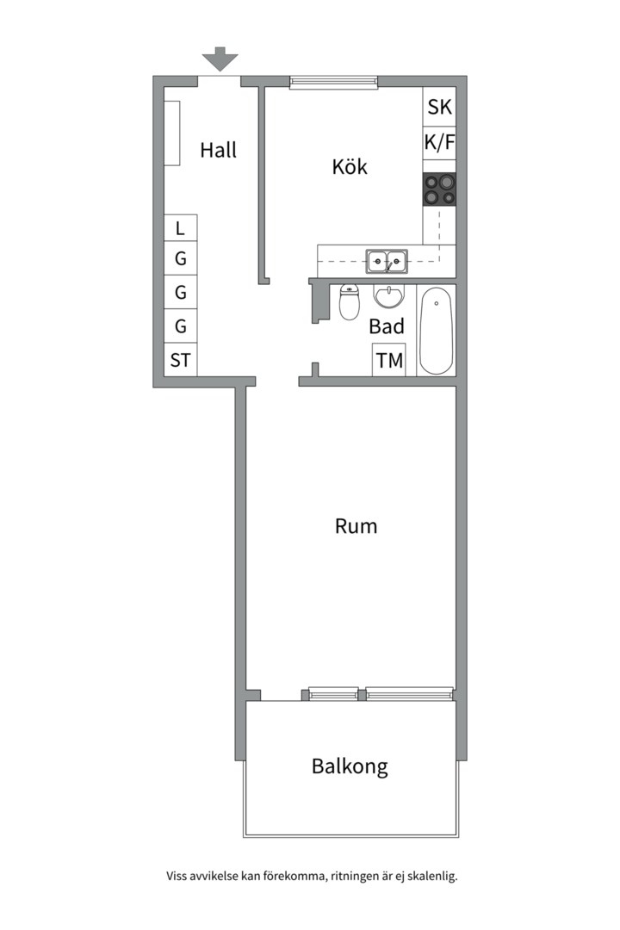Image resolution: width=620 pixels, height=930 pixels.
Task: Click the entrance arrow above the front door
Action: (x=220, y=59)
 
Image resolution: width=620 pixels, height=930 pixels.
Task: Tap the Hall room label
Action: (x=219, y=150)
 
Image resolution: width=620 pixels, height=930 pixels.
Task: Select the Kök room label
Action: (x=350, y=167)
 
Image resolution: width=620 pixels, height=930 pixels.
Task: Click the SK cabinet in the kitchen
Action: (x=440, y=107)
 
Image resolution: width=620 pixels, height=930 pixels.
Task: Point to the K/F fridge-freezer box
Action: (x=440, y=142)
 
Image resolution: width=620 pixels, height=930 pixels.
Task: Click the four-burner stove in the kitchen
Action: (x=440, y=189)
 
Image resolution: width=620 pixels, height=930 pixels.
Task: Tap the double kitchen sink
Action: (x=387, y=261)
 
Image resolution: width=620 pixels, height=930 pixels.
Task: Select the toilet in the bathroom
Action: (x=350, y=302)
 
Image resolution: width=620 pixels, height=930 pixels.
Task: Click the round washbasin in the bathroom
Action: (x=388, y=296)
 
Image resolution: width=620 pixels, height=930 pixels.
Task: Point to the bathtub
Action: (x=436, y=331)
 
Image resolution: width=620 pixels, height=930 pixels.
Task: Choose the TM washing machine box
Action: (x=389, y=360)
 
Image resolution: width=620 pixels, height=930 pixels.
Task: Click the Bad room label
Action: (x=387, y=326)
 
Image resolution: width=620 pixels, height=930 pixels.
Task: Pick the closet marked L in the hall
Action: (x=180, y=227)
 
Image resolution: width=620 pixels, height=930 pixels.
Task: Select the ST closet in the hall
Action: (x=180, y=360)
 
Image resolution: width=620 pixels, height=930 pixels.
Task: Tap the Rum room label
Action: (x=356, y=526)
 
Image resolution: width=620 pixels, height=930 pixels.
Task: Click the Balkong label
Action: (x=350, y=766)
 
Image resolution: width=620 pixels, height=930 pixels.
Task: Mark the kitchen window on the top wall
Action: (x=334, y=83)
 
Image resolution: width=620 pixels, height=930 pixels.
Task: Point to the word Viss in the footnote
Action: (x=177, y=876)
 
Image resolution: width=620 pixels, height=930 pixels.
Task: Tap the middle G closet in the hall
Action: (x=180, y=292)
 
